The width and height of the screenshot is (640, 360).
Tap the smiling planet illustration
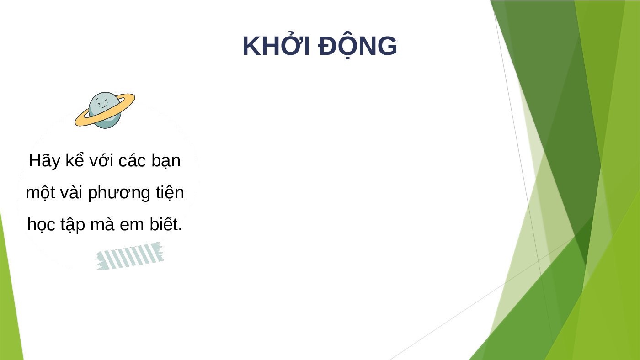click(105, 110)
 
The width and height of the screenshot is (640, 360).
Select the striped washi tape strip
click(130, 256)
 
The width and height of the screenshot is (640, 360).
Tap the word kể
click(75, 160)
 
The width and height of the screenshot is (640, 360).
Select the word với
click(101, 161)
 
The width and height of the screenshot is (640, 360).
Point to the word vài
click(71, 192)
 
